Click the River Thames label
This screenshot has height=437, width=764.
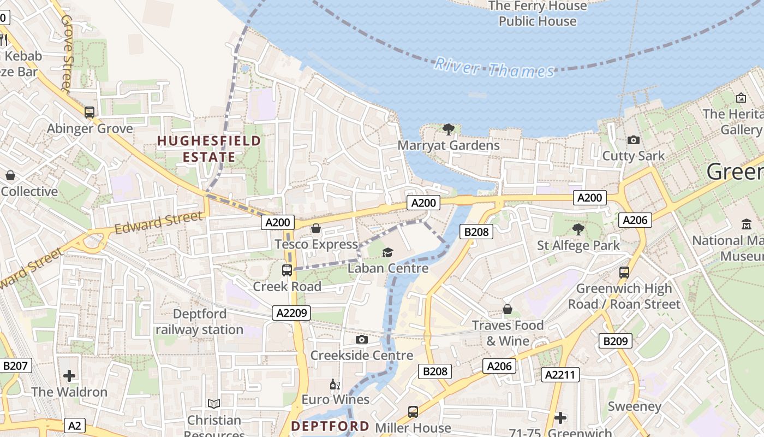(494, 69)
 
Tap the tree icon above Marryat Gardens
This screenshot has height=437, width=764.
(449, 129)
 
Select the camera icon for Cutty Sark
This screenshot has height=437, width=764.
(633, 140)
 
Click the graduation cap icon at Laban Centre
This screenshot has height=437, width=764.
(387, 252)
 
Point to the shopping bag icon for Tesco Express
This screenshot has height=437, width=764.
(315, 228)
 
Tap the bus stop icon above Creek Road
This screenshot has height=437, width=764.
(286, 270)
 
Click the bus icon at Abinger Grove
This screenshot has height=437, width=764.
(89, 113)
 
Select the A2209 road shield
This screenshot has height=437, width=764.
(291, 313)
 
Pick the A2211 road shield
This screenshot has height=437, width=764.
(560, 375)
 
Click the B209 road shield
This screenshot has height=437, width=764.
(615, 341)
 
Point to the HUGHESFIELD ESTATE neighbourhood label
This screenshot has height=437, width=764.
(209, 149)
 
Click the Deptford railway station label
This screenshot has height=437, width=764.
(200, 322)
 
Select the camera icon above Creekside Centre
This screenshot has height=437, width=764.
(361, 340)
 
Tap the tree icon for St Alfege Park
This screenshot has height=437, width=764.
(578, 229)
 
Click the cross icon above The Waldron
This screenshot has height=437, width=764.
(69, 376)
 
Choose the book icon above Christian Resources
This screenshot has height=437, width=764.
(214, 404)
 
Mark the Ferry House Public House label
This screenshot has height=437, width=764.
(538, 14)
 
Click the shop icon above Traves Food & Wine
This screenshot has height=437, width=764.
(508, 310)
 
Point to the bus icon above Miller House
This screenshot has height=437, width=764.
(413, 411)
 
